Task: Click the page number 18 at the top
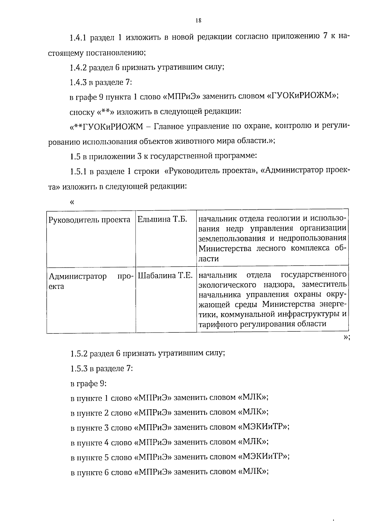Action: pyautogui.click(x=198, y=21)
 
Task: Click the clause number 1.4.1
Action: pyautogui.click(x=79, y=38)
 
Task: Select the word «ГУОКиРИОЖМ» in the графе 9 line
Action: pyautogui.click(x=303, y=96)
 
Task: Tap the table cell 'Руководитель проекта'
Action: pyautogui.click(x=90, y=220)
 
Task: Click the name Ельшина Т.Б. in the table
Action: pyautogui.click(x=162, y=220)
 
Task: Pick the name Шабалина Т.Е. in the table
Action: pyautogui.click(x=165, y=275)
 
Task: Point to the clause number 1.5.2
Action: pyautogui.click(x=79, y=353)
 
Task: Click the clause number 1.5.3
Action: pyautogui.click(x=79, y=368)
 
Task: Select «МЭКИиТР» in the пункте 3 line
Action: pyautogui.click(x=263, y=427)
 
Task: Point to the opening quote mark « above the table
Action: pyautogui.click(x=72, y=202)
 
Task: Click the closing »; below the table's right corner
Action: pyautogui.click(x=346, y=337)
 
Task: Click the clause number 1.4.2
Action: pyautogui.click(x=79, y=67)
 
